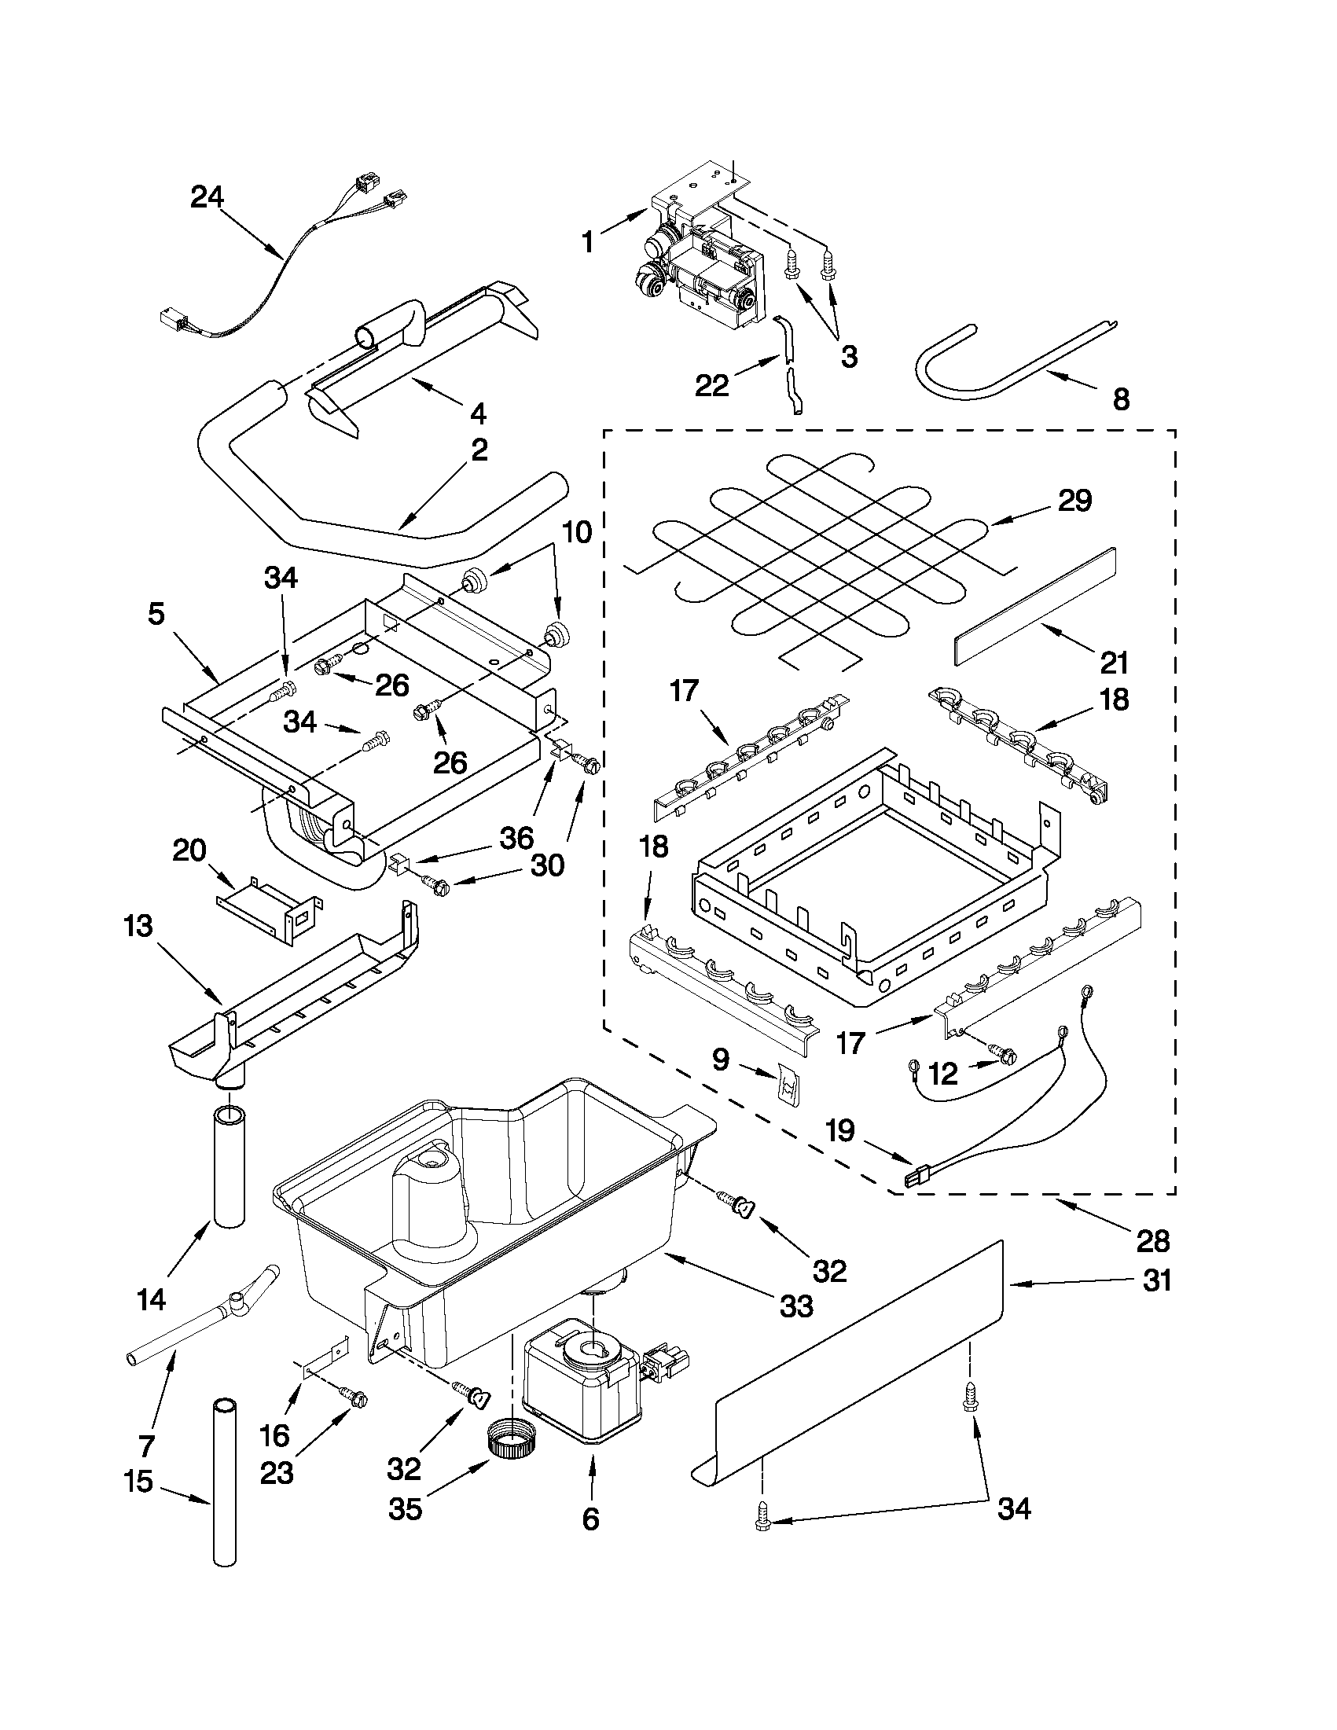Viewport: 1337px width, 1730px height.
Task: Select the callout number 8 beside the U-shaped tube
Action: (1120, 400)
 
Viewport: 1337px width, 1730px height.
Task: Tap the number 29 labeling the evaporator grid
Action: (1074, 501)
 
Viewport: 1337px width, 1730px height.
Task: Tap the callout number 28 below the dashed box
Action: (1152, 1241)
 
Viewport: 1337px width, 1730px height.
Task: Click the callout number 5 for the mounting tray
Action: (156, 614)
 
